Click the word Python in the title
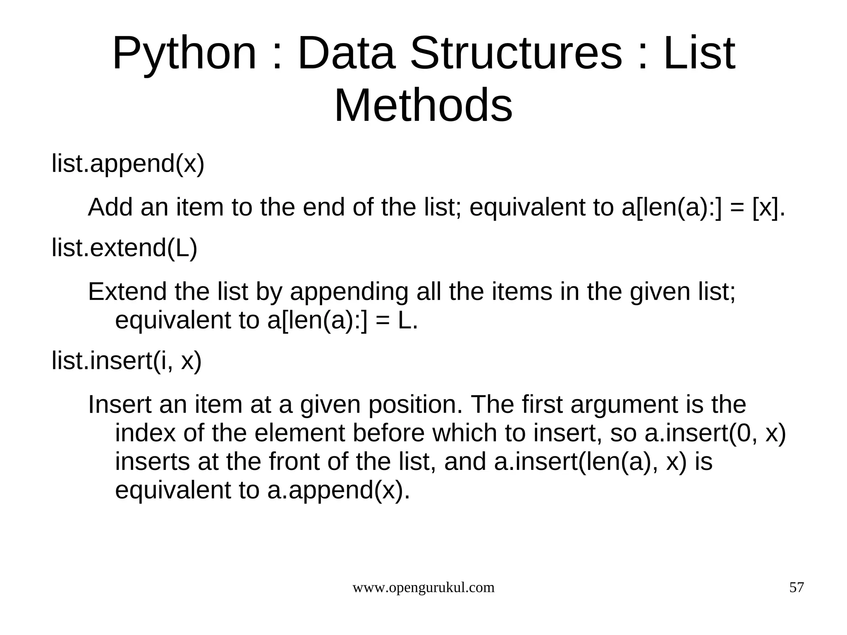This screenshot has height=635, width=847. [184, 54]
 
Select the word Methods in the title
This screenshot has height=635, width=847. [423, 105]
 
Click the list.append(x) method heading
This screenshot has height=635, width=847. [128, 163]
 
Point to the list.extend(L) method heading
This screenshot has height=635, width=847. [124, 248]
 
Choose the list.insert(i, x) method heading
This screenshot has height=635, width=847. [127, 360]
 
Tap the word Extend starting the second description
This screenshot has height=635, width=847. [127, 292]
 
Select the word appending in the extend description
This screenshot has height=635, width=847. [349, 292]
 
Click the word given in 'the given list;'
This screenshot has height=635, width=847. [660, 292]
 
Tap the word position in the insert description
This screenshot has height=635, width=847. [415, 404]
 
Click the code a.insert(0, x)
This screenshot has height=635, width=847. [715, 433]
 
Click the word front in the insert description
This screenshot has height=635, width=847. [294, 462]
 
